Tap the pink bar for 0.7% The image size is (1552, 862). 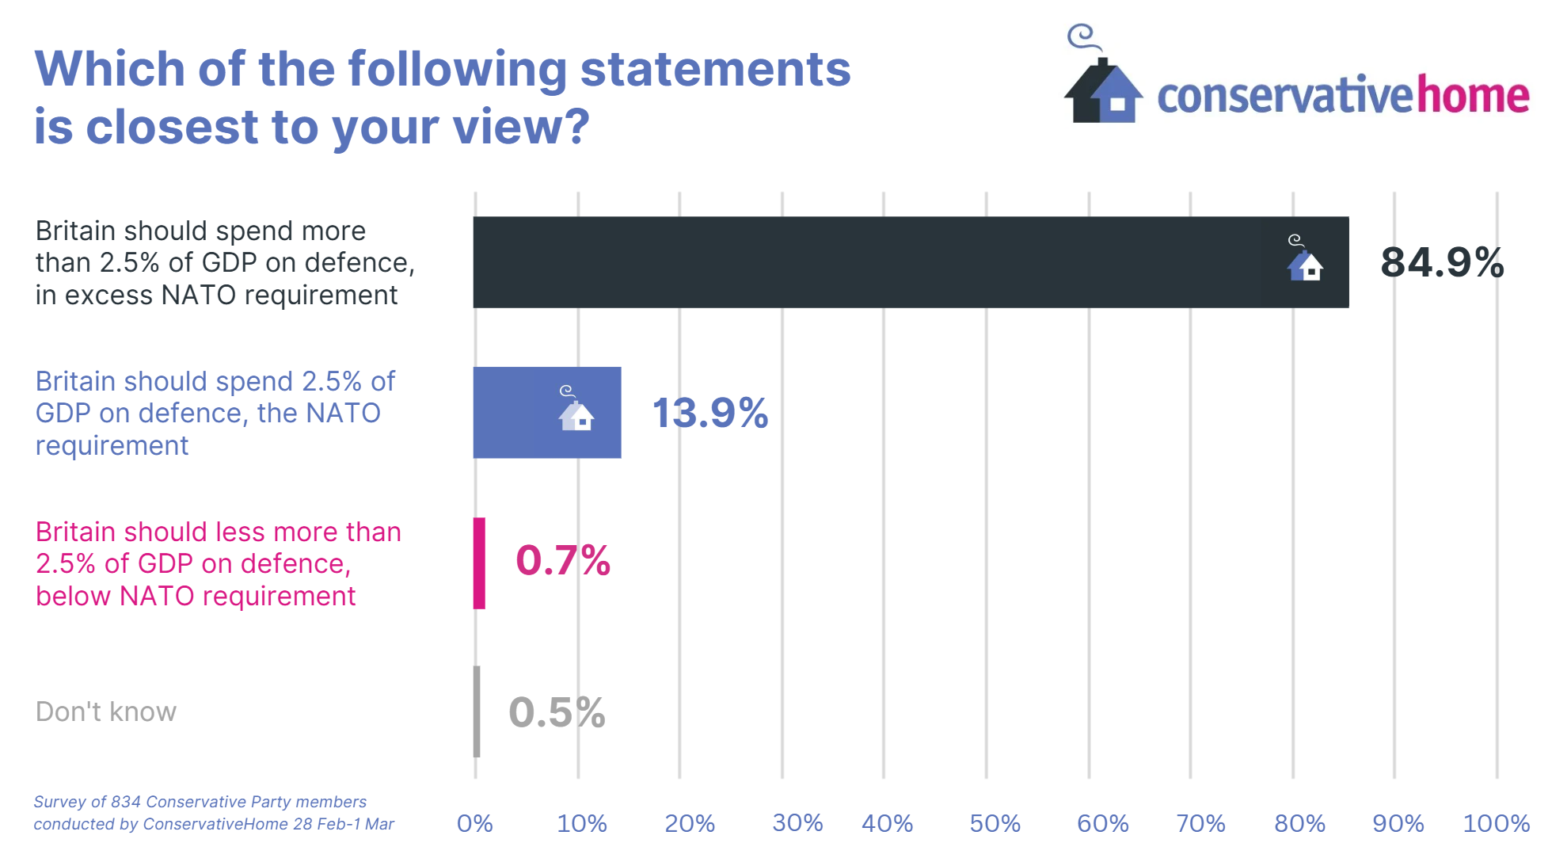click(x=479, y=563)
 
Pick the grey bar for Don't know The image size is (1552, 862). click(x=477, y=711)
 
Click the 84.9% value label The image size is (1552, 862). click(x=1442, y=262)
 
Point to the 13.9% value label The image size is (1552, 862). click(x=709, y=413)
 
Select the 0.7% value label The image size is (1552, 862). click(x=562, y=561)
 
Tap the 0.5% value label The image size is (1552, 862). click(x=557, y=712)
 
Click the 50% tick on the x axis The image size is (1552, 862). click(x=995, y=824)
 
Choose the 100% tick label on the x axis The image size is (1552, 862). click(x=1496, y=824)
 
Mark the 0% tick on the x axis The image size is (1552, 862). click(x=475, y=824)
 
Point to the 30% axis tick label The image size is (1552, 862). click(x=797, y=824)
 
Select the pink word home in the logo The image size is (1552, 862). click(x=1473, y=96)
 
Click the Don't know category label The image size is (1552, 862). click(x=106, y=711)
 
